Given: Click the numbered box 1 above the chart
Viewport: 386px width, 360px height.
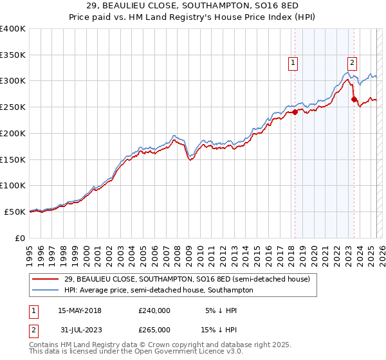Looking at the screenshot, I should tap(293, 62).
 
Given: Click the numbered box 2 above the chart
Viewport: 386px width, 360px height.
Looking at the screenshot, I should tap(353, 62).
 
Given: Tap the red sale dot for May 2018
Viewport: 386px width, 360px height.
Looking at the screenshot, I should tap(295, 112).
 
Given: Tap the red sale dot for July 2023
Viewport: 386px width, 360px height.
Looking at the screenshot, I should tap(354, 99).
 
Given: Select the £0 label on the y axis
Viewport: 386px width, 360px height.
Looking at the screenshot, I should tap(21, 238).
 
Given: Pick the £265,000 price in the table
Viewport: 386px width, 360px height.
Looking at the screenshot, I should tap(154, 329).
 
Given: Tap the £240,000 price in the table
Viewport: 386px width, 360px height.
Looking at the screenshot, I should tap(154, 310).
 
